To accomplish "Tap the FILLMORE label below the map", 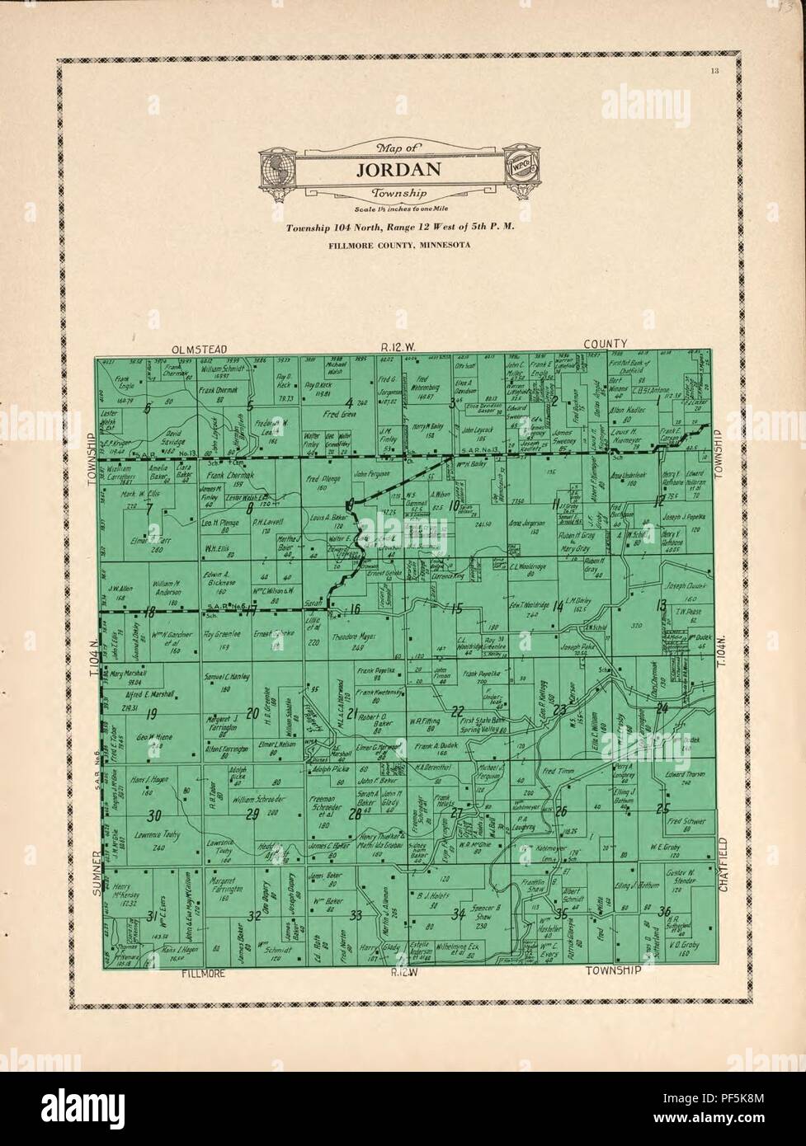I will (203, 973).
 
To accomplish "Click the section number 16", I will (355, 609).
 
